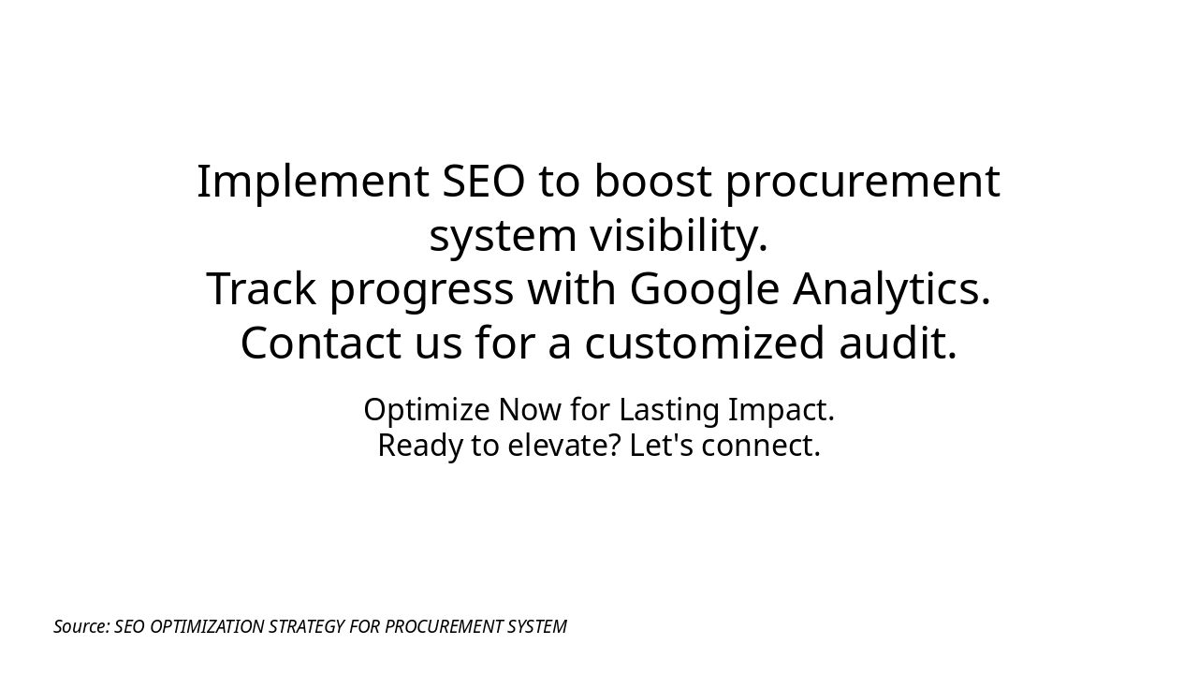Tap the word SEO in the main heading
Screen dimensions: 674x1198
[484, 182]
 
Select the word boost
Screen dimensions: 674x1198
[652, 182]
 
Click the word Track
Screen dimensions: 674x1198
[261, 289]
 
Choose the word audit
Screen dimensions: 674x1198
[898, 344]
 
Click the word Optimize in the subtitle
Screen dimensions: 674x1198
[427, 411]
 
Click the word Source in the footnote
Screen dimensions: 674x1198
[81, 627]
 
